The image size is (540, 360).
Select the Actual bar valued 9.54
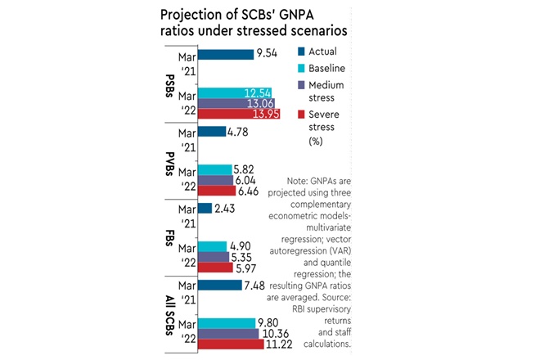(225, 55)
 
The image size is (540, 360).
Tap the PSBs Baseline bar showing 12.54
(236, 92)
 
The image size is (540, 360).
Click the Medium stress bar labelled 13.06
(236, 104)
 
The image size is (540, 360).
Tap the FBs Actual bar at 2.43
(205, 208)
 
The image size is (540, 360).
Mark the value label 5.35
(245, 256)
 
